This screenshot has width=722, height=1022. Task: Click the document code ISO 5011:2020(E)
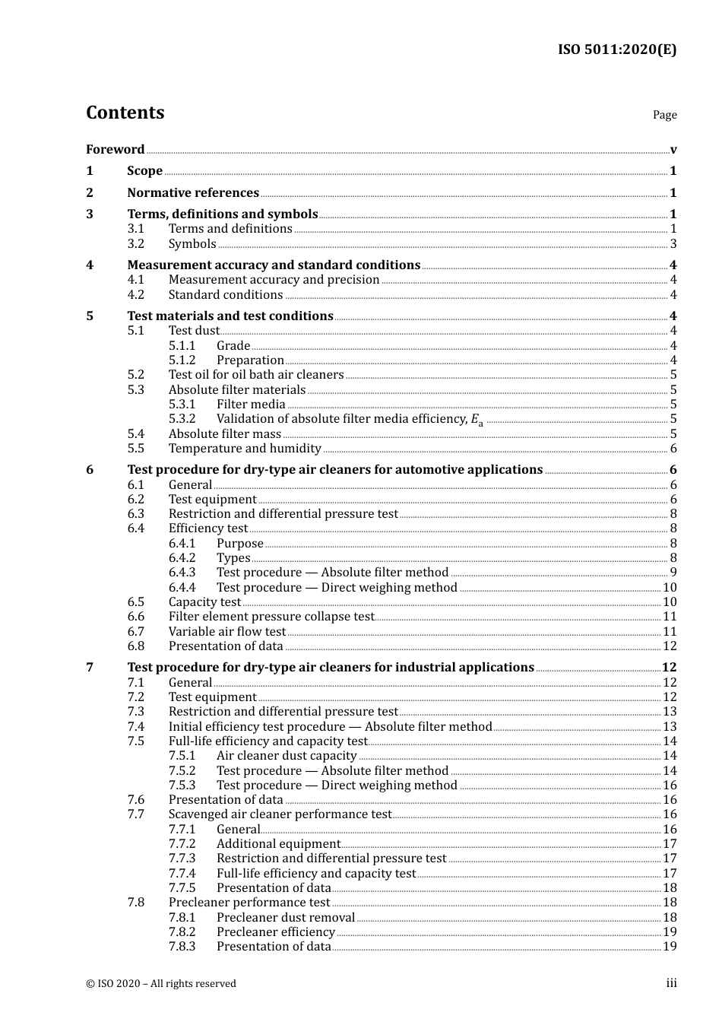[x=616, y=50]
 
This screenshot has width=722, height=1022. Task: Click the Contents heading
[x=125, y=113]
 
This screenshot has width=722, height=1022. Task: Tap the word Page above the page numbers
[x=664, y=115]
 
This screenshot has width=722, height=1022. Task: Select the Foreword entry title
[x=115, y=150]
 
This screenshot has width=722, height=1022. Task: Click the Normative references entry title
[x=193, y=193]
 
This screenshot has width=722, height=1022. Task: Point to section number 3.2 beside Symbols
[x=135, y=244]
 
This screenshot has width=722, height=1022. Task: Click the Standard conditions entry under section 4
[x=225, y=295]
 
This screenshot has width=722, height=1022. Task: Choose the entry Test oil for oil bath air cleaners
[x=255, y=375]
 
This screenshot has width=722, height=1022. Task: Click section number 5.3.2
[x=182, y=419]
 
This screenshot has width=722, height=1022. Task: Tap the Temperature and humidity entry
[x=244, y=449]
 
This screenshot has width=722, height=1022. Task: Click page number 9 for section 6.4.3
[x=673, y=573]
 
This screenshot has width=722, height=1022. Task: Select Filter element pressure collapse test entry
[x=271, y=617]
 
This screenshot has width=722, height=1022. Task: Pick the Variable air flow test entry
[x=226, y=632]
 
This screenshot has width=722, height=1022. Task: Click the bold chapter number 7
[x=90, y=668]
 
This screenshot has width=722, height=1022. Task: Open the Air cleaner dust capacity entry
[x=287, y=756]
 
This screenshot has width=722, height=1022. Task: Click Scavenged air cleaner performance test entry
[x=280, y=814]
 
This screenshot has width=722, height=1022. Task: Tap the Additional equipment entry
[x=278, y=844]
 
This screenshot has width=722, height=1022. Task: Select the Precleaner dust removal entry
[x=285, y=918]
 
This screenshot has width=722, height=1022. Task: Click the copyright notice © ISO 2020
[x=160, y=984]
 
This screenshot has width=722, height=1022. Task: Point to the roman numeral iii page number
[x=671, y=983]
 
